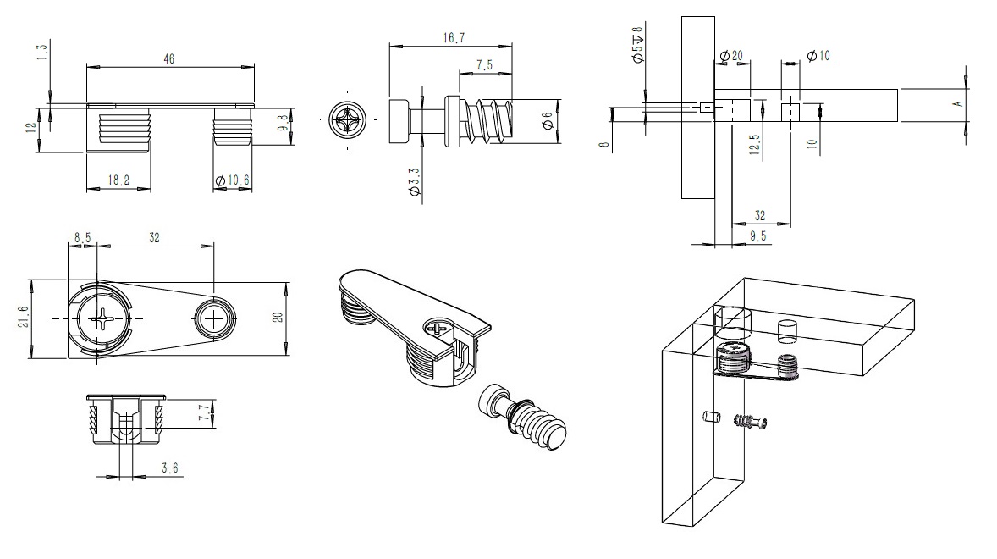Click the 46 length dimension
tap(168, 59)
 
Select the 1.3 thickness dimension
tap(42, 53)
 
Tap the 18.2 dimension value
tap(118, 180)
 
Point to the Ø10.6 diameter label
tap(232, 180)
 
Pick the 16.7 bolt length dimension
tap(454, 38)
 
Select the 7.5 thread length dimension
tap(484, 65)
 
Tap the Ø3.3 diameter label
tap(414, 184)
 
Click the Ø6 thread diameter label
tap(548, 121)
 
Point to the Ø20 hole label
tap(731, 56)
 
